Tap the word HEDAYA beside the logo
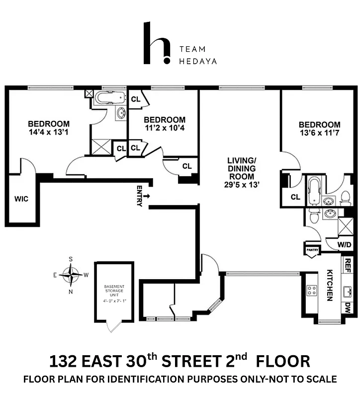[x=198, y=61]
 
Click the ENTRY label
[x=140, y=197]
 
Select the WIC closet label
[x=21, y=199]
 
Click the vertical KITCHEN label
[x=330, y=286]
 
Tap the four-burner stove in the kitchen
[x=312, y=291]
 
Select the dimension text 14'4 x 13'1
[x=49, y=132]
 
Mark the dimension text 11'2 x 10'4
[x=165, y=128]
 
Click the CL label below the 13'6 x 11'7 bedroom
[x=295, y=197]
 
